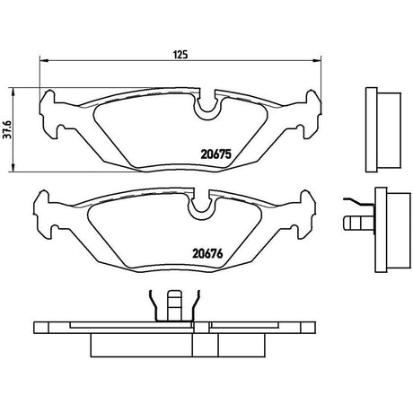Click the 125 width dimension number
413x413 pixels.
click(180, 55)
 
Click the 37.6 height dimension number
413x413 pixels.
click(7, 130)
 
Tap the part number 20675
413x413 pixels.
click(216, 154)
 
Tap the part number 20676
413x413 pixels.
click(207, 254)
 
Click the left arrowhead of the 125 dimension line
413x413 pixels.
click(44, 61)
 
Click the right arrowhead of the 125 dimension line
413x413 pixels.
click(317, 61)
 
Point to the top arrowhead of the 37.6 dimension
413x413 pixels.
click(13, 92)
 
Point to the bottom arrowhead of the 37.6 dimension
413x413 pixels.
click(13, 168)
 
